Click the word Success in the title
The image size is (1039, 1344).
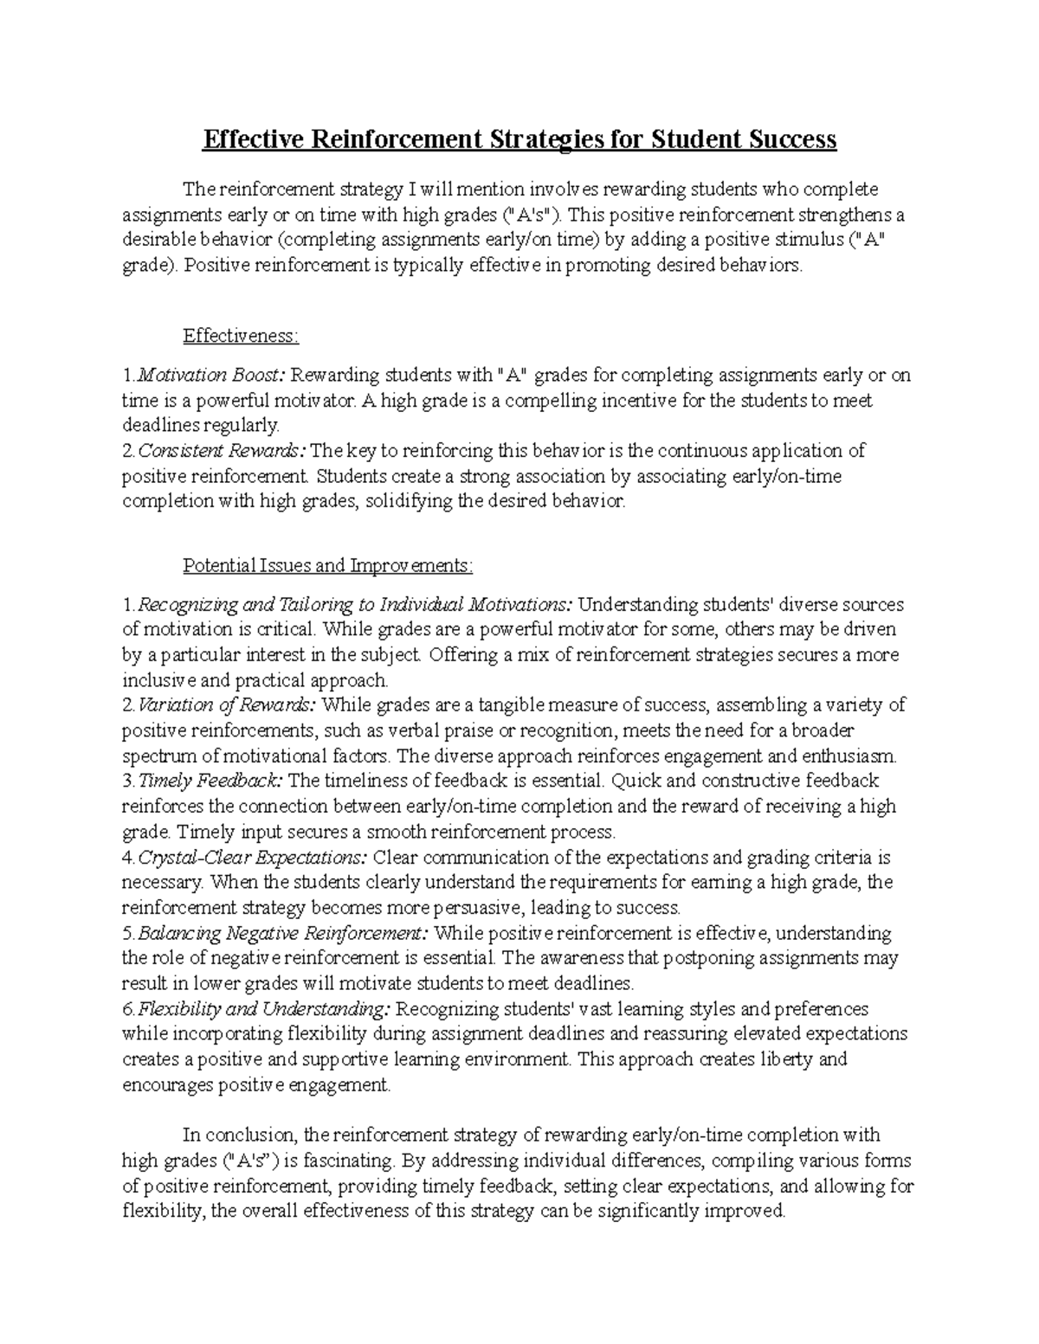787,139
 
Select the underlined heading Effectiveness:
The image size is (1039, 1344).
240,336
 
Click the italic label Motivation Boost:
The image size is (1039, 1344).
211,376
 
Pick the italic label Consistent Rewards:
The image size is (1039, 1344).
222,451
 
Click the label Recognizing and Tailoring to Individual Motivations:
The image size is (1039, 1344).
355,604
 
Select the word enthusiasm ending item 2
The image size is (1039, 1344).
851,755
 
